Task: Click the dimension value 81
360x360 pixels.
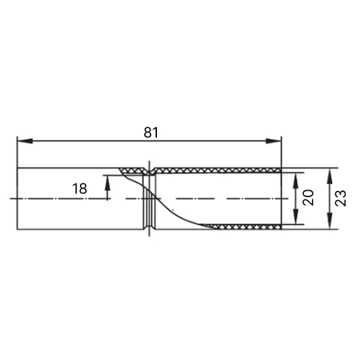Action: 151,132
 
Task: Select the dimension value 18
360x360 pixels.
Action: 80,189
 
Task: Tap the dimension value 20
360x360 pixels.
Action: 308,197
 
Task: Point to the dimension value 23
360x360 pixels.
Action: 341,198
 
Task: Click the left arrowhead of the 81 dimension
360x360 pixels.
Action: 24,141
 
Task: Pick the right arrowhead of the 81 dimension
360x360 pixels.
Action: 274,141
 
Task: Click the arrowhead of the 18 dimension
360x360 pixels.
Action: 107,183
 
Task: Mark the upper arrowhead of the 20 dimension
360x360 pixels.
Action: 296,180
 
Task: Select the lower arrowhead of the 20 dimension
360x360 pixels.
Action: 296,217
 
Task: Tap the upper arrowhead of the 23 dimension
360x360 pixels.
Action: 330,176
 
